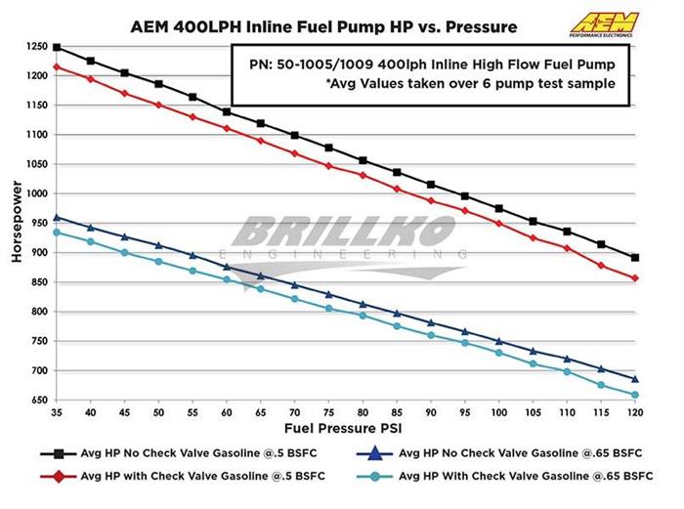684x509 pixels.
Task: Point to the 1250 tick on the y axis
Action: point(35,46)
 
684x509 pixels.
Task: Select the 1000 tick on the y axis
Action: point(35,193)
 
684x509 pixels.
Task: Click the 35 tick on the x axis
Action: point(57,413)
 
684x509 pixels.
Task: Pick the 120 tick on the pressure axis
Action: point(635,413)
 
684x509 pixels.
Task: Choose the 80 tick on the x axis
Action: point(363,413)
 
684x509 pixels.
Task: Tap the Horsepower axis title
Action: point(14,224)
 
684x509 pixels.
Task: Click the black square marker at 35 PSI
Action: point(57,47)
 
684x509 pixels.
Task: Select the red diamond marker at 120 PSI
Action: point(635,278)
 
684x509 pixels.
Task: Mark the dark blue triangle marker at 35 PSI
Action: point(57,217)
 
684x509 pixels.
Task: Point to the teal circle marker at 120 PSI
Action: point(635,395)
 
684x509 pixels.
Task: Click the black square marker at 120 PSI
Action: point(635,258)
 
